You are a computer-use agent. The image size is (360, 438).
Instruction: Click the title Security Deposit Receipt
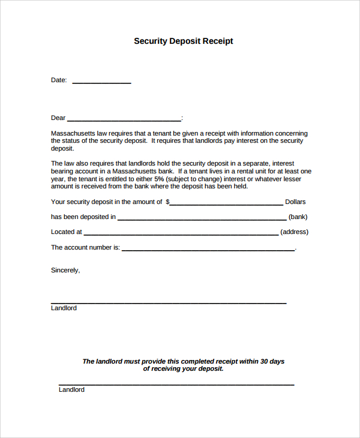click(183, 41)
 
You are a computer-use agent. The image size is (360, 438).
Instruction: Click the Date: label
click(59, 80)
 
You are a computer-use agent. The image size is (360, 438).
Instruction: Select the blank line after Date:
click(101, 83)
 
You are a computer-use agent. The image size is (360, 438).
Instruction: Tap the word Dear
click(58, 118)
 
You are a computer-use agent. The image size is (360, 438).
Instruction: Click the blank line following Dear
click(124, 121)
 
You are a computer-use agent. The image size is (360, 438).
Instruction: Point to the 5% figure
click(159, 179)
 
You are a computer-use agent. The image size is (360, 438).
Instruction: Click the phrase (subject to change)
click(193, 179)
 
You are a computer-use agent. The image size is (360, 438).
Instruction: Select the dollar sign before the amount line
click(167, 202)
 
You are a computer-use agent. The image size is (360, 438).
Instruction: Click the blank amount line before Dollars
click(226, 205)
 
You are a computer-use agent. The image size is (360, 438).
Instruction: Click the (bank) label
click(298, 217)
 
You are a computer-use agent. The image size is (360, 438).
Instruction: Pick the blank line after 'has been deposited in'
click(202, 220)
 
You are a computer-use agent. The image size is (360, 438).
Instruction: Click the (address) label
click(294, 232)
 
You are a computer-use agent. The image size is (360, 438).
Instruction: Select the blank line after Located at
click(181, 235)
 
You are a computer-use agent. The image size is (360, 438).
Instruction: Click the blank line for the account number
click(208, 250)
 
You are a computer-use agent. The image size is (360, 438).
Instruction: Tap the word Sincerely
click(65, 271)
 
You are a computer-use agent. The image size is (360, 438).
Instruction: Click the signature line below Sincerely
click(169, 302)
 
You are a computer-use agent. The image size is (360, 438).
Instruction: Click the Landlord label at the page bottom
click(71, 390)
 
